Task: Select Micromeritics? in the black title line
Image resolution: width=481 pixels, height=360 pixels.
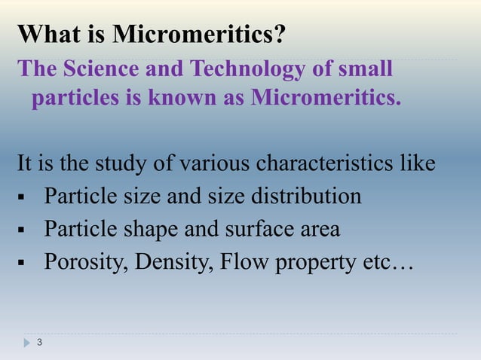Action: pyautogui.click(x=200, y=34)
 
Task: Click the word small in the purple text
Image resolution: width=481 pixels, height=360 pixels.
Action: pyautogui.click(x=364, y=69)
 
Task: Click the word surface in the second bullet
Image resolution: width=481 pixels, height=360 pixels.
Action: pyautogui.click(x=254, y=228)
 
